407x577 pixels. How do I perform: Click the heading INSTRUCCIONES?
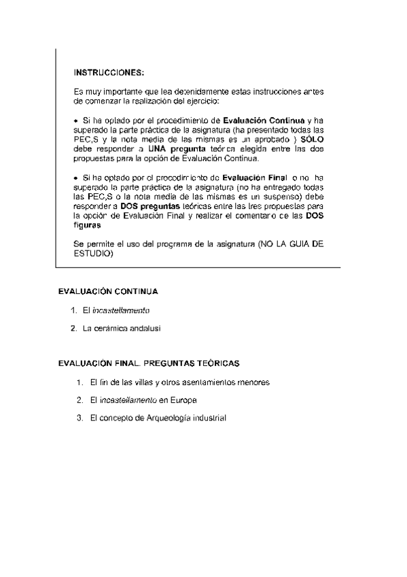pyautogui.click(x=108, y=72)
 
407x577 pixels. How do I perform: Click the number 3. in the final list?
pyautogui.click(x=80, y=417)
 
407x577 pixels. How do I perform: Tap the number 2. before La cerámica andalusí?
pyautogui.click(x=74, y=328)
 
